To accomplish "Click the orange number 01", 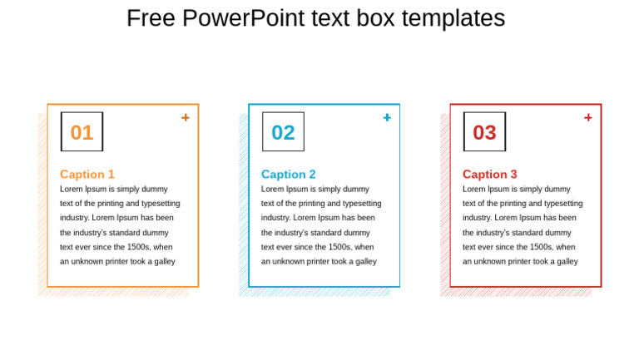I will [x=82, y=132].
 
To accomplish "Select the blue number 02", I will [x=283, y=132].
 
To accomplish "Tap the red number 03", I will [x=484, y=132].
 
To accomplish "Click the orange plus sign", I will [x=186, y=117].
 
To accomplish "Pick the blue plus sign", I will [x=387, y=117].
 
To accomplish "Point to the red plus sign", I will [x=588, y=117].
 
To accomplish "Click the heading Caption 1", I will [x=87, y=174].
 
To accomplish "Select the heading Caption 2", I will [x=289, y=174].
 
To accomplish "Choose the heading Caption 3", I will [x=490, y=174].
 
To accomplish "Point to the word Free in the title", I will [x=151, y=18].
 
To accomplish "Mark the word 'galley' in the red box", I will [x=566, y=261].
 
